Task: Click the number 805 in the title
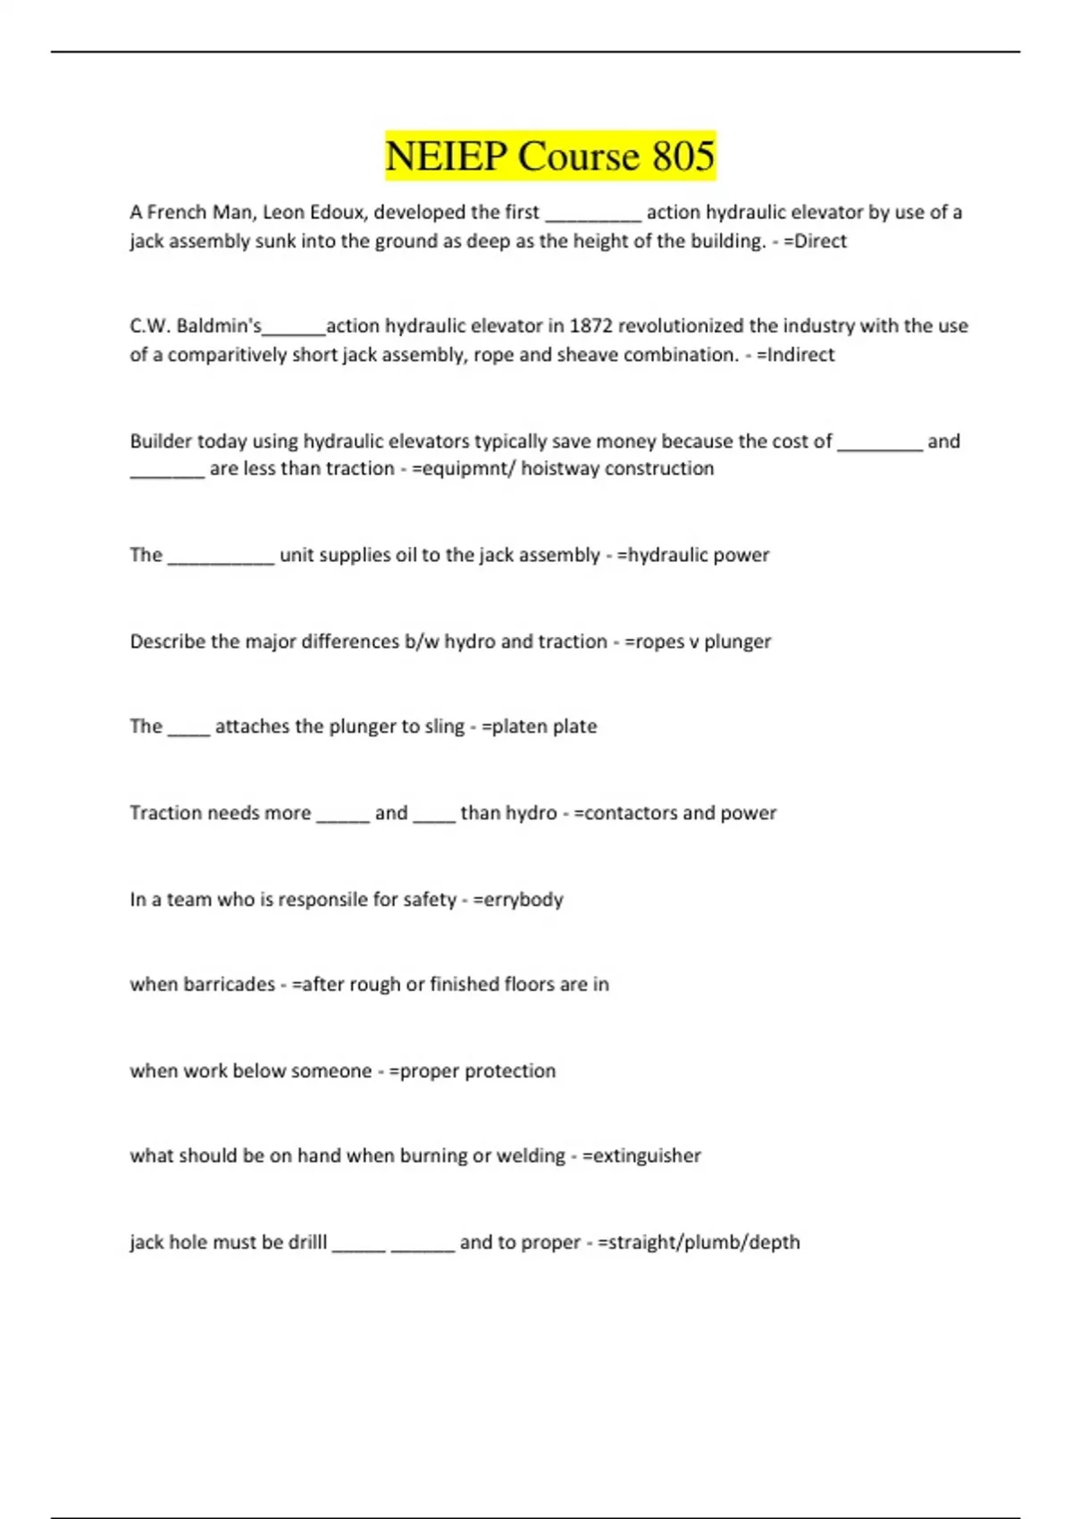683,156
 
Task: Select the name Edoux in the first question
338,213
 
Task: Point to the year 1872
591,326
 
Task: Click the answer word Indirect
800,355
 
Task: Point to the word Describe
167,642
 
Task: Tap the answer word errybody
523,900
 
